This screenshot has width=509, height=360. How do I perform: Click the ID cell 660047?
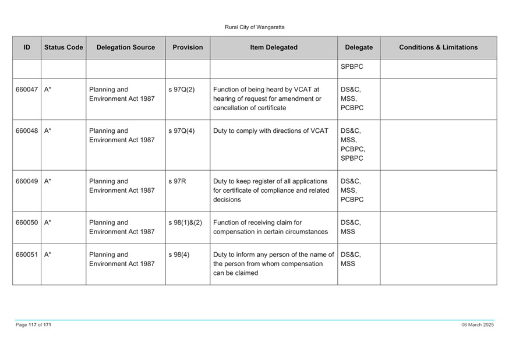tap(27, 89)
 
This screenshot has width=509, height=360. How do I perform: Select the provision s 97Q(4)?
tap(182, 130)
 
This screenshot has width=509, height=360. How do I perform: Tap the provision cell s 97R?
tap(177, 181)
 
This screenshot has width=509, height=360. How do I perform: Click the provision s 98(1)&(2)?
tap(185, 223)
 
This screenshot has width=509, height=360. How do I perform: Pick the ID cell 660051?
tap(27, 255)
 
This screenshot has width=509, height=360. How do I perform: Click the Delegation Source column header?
tap(126, 47)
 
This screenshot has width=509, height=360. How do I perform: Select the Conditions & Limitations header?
tap(438, 47)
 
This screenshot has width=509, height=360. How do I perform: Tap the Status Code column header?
tap(63, 47)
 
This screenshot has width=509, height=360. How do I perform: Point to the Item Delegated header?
tap(274, 47)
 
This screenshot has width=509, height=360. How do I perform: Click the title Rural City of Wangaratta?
tap(254, 27)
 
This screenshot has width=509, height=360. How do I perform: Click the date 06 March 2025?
tap(478, 324)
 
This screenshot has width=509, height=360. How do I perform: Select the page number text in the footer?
tap(33, 324)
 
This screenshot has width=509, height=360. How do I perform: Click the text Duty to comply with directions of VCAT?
tap(271, 130)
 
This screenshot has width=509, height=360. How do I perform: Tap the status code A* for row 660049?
tap(48, 181)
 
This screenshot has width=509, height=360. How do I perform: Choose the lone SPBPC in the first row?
tap(352, 66)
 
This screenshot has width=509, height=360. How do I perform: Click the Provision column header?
tap(188, 47)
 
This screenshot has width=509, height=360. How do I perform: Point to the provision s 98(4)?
tap(179, 255)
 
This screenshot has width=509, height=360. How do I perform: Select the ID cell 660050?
tap(27, 223)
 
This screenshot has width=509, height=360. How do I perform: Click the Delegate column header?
tap(359, 47)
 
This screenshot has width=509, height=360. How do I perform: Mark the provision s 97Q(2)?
tap(182, 89)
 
